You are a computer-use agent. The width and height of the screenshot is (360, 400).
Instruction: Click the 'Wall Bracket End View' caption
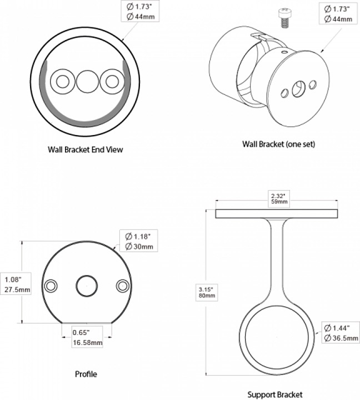pos(85,150)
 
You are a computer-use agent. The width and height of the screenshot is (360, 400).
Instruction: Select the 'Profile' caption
pos(86,374)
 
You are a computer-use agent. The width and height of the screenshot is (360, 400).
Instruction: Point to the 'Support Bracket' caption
pos(275,394)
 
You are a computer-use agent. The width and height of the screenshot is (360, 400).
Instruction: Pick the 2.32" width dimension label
pos(278,196)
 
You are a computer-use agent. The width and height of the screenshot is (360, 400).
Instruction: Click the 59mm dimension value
pos(278,202)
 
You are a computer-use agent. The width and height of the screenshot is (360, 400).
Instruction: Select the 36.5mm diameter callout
pos(338,338)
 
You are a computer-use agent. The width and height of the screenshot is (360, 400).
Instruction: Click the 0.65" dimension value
pos(82,333)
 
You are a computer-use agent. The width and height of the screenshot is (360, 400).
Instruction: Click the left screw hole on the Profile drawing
pos(51,286)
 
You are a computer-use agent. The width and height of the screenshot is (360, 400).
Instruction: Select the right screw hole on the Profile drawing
pos(122,286)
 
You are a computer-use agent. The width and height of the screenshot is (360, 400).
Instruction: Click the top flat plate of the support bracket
pos(276,214)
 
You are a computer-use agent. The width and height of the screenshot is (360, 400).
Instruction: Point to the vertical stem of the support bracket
pos(276,261)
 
